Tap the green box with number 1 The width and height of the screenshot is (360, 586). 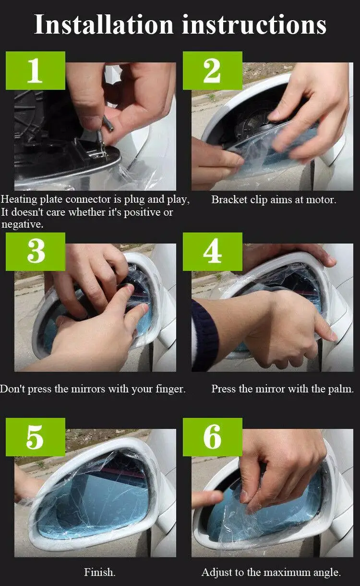pyautogui.click(x=36, y=71)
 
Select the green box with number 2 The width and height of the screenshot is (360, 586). pyautogui.click(x=212, y=71)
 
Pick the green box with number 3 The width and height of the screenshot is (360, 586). pyautogui.click(x=36, y=252)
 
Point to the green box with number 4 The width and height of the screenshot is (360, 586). pyautogui.click(x=212, y=252)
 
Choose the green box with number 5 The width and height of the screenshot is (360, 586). pyautogui.click(x=36, y=437)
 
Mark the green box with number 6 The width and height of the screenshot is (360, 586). pyautogui.click(x=212, y=437)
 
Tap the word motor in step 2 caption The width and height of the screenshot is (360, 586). pyautogui.click(x=321, y=200)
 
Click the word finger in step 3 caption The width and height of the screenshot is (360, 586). pyautogui.click(x=170, y=389)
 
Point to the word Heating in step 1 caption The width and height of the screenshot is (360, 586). pyautogui.click(x=19, y=200)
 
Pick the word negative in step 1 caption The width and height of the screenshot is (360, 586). pyautogui.click(x=22, y=224)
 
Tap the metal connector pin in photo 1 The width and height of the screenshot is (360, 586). pyautogui.click(x=108, y=123)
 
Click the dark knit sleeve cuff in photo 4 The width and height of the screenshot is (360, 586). pyautogui.click(x=204, y=335)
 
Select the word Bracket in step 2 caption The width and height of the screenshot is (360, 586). pyautogui.click(x=229, y=200)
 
